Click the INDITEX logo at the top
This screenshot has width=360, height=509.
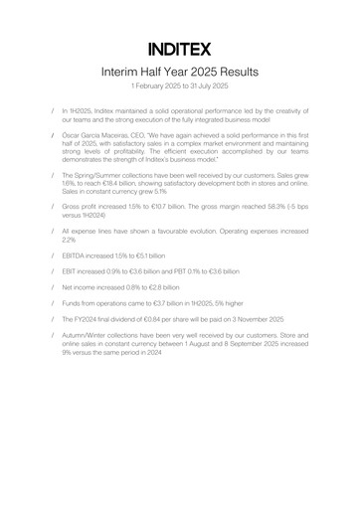[x=180, y=48]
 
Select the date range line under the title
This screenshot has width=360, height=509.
[x=180, y=87]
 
